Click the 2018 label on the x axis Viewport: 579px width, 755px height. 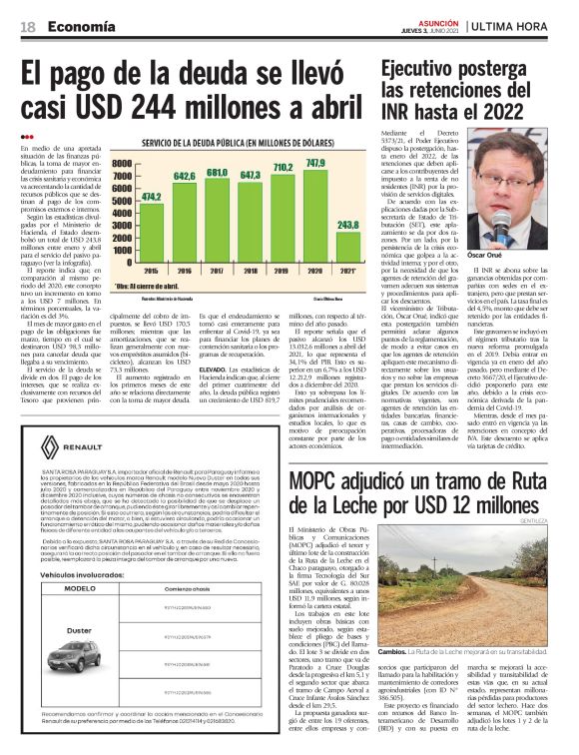point(250,271)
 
